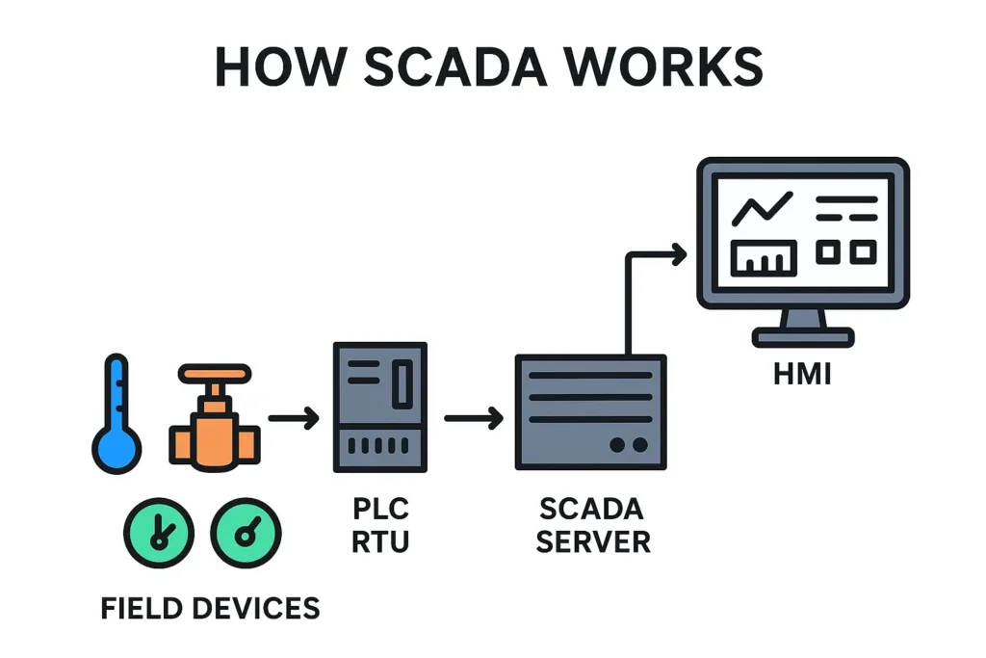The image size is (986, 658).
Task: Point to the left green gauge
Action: [x=159, y=533]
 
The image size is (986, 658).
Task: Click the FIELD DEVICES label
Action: [x=210, y=608]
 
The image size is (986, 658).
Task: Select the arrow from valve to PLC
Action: [x=294, y=418]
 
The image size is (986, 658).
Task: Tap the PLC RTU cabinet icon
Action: [x=379, y=407]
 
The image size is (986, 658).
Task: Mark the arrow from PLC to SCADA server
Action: [x=474, y=418]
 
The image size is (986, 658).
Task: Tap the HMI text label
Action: [x=802, y=373]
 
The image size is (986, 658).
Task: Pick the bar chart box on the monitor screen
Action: [x=764, y=257]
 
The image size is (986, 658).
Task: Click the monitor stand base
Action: [x=803, y=337]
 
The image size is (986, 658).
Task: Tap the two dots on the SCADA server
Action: [x=629, y=444]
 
